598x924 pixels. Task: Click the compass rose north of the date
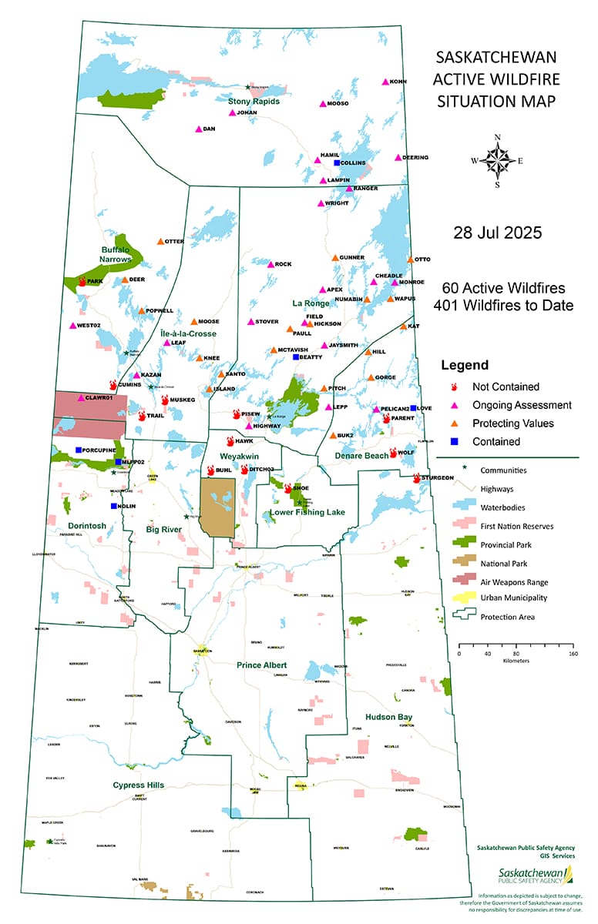[x=497, y=161]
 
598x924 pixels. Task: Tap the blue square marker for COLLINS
[x=337, y=163]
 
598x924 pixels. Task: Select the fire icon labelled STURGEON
[x=417, y=478]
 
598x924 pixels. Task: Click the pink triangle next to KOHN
[x=385, y=82]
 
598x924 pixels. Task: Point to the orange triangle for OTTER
[x=160, y=242]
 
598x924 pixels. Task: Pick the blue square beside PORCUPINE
[x=79, y=450]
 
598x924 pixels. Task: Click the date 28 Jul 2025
[x=498, y=232]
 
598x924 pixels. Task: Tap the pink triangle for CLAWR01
[x=81, y=398]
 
